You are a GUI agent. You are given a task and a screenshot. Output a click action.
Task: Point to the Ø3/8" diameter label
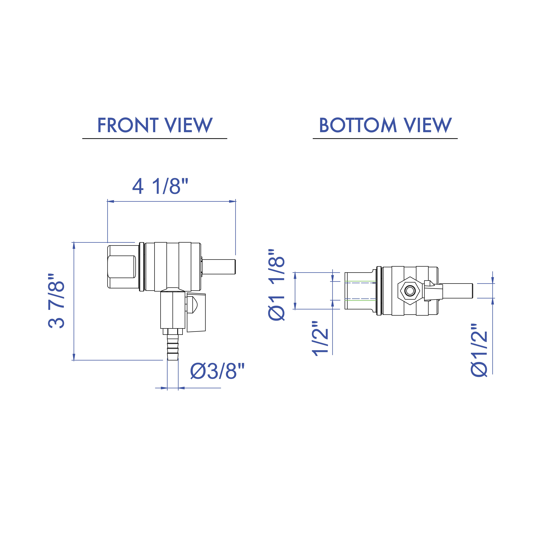click(217, 371)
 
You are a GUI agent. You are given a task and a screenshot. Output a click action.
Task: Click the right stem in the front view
click(219, 267)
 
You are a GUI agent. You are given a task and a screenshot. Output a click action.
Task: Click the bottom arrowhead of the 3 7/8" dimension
click(74, 357)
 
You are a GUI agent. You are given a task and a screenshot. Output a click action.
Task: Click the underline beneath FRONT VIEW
click(155, 138)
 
